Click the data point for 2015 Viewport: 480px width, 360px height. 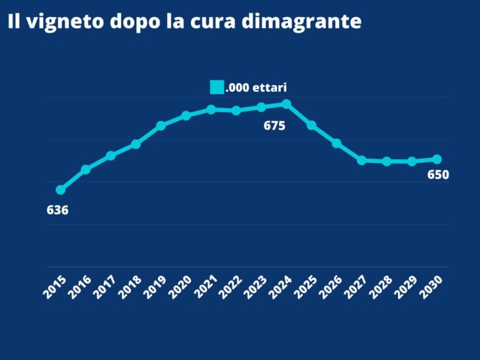[x=60, y=190]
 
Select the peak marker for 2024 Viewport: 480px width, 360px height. [x=286, y=103]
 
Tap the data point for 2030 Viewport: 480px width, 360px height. [x=437, y=159]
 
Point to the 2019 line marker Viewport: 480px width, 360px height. [x=160, y=126]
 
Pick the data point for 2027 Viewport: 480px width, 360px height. [x=361, y=160]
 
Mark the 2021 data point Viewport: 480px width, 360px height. [x=211, y=109]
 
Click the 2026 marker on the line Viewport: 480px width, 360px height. [x=337, y=143]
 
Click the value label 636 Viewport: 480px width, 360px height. [x=58, y=210]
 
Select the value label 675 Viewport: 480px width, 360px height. [x=274, y=126]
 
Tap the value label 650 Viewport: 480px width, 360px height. [x=437, y=175]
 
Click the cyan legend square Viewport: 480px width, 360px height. [x=217, y=87]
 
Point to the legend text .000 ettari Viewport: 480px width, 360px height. [x=256, y=87]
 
